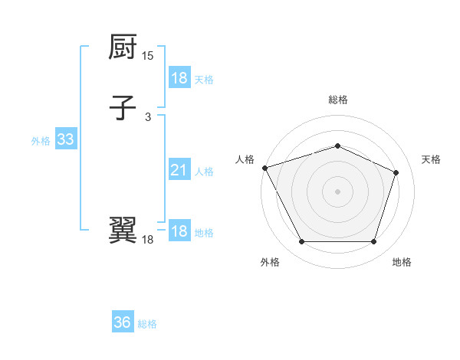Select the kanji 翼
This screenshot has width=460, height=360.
(x=123, y=230)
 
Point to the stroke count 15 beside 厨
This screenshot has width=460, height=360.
(x=148, y=56)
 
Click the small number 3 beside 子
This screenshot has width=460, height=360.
(x=148, y=116)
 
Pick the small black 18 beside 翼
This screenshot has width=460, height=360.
(x=148, y=240)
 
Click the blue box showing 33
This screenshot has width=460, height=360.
(x=65, y=140)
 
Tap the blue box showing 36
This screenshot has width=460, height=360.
(x=122, y=322)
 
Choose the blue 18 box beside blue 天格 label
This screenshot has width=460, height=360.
(x=179, y=78)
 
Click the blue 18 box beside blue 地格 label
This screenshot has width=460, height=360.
(x=179, y=231)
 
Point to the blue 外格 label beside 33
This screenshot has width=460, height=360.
(x=41, y=141)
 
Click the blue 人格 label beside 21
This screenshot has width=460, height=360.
(x=204, y=172)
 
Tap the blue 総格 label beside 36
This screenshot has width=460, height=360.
(x=147, y=324)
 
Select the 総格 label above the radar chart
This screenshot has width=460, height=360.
(x=337, y=100)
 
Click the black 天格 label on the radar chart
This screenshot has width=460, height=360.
(x=431, y=159)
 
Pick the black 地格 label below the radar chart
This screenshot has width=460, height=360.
(x=402, y=262)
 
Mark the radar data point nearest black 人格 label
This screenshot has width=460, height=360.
(x=264, y=168)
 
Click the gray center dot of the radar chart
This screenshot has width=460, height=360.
(x=337, y=191)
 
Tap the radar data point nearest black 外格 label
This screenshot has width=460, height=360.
(x=301, y=242)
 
